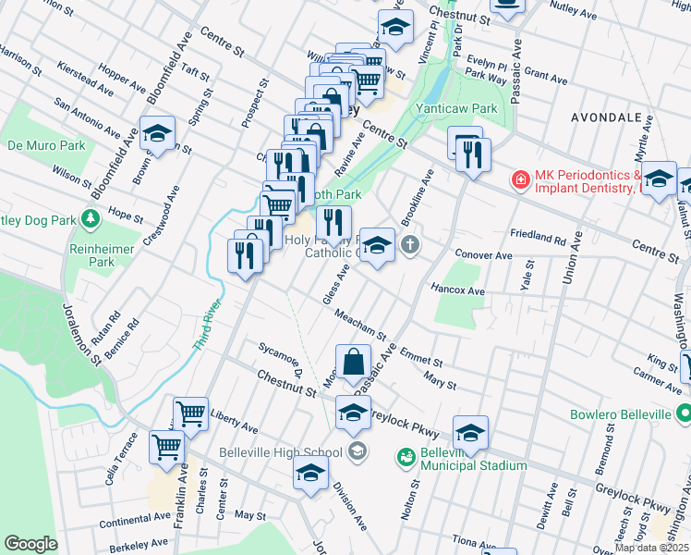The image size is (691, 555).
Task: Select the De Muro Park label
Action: tap(46, 145)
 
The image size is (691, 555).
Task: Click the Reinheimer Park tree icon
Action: tap(91, 218)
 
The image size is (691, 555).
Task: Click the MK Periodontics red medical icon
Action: tap(521, 178)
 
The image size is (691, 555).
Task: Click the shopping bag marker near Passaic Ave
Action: tap(353, 363)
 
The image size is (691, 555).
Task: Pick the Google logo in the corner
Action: tap(30, 544)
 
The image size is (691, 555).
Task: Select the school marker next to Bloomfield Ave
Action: tap(157, 133)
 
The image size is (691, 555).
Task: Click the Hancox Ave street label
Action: tap(457, 290)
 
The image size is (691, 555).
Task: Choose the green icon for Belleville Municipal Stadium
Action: tap(405, 456)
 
